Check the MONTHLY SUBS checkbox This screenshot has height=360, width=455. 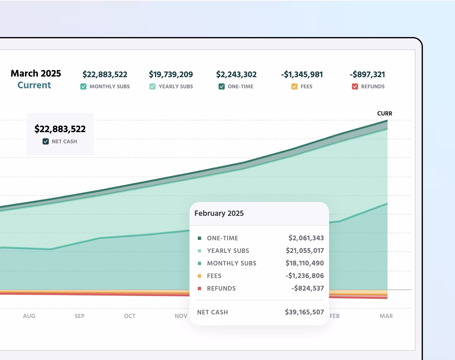tap(83, 86)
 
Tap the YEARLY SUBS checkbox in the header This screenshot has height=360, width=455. tap(152, 86)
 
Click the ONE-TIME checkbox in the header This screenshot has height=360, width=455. tap(222, 86)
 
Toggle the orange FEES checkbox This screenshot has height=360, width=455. tap(294, 86)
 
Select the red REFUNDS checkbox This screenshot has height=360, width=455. tap(355, 86)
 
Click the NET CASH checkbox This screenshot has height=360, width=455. tap(46, 141)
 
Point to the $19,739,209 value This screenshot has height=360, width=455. tap(171, 74)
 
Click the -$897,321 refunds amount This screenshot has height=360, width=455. tap(367, 74)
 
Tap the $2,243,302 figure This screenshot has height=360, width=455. tap(236, 74)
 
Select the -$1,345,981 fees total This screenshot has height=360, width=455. tap(302, 74)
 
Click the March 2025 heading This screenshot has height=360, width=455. tap(36, 73)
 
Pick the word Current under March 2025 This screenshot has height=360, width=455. tap(34, 85)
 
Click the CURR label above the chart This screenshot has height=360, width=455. tap(385, 114)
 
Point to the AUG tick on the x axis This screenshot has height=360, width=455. tap(29, 316)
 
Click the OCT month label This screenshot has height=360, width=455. tap(130, 316)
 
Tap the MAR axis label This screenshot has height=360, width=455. tap(386, 316)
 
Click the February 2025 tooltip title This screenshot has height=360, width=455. tap(219, 213)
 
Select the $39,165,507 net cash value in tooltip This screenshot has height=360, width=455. tap(304, 312)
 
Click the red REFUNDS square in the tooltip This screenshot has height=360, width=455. tap(199, 288)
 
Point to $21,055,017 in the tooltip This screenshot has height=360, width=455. tap(305, 251)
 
